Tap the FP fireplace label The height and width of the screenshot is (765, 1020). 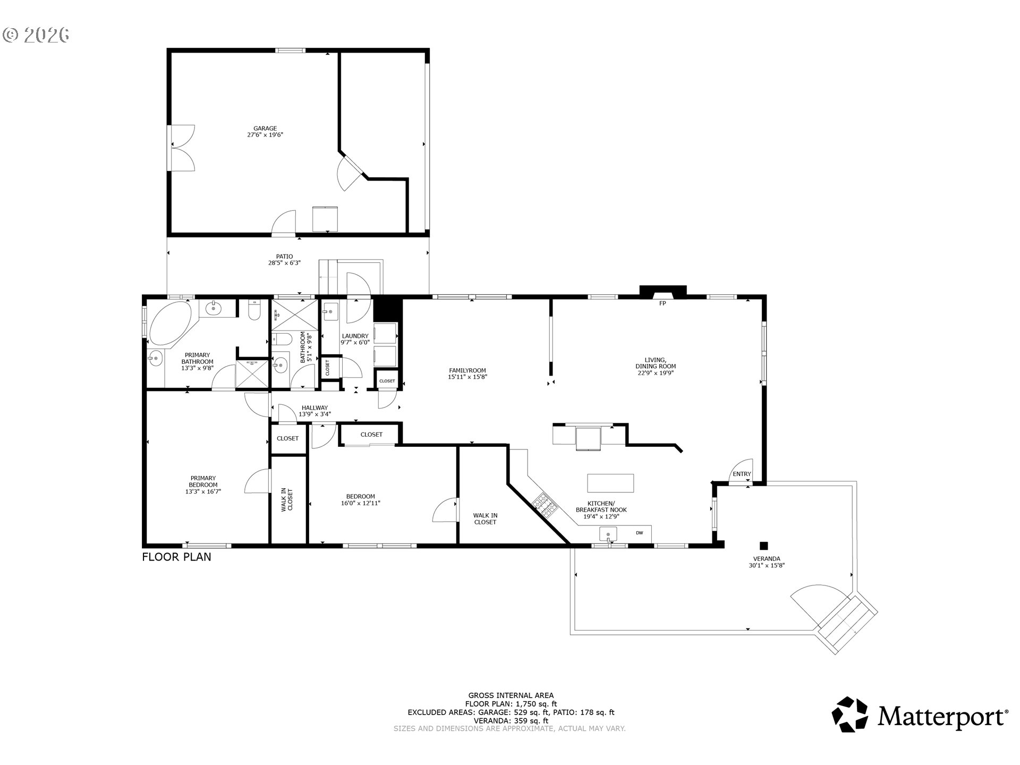pos(662,303)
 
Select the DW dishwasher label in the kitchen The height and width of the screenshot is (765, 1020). pos(639,533)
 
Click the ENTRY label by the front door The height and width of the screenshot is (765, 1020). pos(742,474)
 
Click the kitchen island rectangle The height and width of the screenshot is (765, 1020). pos(610,483)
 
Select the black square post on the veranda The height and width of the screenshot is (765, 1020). pos(763,545)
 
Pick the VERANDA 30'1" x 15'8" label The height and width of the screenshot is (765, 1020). pos(767,562)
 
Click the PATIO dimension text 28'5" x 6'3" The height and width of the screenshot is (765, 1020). pos(284,263)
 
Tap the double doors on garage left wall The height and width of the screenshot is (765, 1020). pos(181,148)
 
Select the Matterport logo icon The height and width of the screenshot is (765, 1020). pos(849,715)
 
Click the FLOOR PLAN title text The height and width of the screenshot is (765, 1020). pos(176,557)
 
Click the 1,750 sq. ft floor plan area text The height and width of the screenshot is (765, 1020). pos(536,704)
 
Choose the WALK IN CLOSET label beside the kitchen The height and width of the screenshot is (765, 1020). pos(485,518)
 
